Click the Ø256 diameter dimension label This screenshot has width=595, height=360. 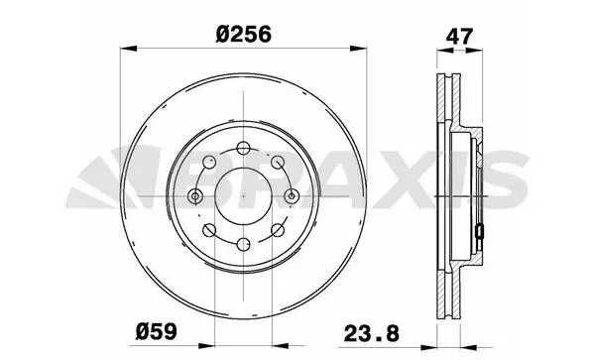point(244,35)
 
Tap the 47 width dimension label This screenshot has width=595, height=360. point(459,37)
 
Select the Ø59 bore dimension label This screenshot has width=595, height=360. point(157,331)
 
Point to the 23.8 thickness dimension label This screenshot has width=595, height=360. point(372,334)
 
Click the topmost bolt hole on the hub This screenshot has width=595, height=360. point(243,148)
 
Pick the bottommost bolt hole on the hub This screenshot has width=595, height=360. point(243,244)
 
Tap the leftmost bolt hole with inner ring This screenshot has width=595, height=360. point(195,196)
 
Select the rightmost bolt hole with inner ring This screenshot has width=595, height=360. point(292,196)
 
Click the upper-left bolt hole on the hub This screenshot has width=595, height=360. point(209,162)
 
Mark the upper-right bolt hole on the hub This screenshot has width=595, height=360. point(278,162)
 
